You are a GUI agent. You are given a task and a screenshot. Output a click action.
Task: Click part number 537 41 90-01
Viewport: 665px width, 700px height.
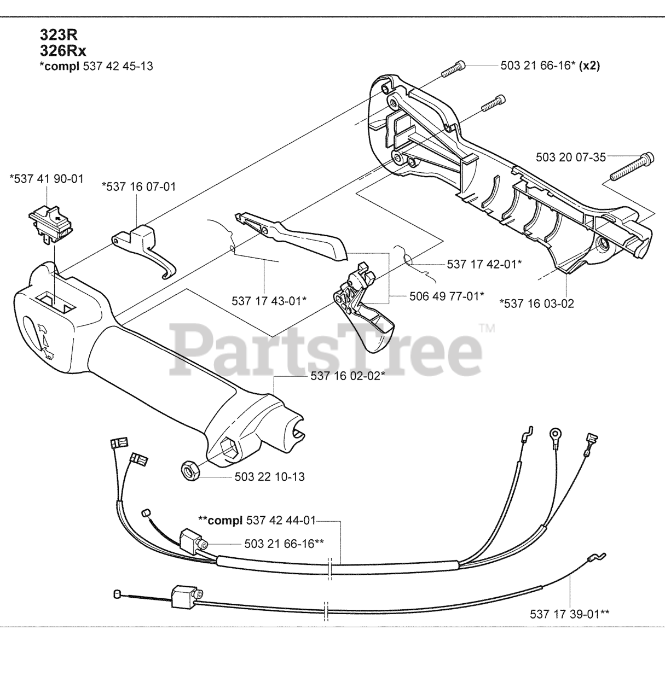[x=47, y=179]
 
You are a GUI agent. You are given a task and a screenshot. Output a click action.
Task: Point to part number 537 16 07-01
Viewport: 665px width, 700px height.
[x=139, y=187]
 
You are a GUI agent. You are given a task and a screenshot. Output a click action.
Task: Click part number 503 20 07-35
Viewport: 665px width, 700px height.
[x=571, y=157]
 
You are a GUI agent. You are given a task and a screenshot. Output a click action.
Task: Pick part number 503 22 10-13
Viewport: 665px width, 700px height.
[x=269, y=477]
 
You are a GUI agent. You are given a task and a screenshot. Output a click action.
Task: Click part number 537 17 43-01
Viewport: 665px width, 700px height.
[x=269, y=300]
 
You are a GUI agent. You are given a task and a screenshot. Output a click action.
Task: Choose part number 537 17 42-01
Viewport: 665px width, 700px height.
[x=484, y=264]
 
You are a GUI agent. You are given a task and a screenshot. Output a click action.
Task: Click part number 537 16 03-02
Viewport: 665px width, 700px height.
[x=536, y=303]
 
